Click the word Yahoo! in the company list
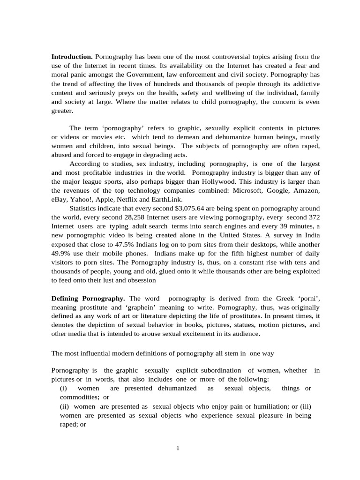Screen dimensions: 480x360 click(82, 200)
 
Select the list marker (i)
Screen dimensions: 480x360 click(64, 389)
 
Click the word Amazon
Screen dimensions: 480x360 click(307, 191)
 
